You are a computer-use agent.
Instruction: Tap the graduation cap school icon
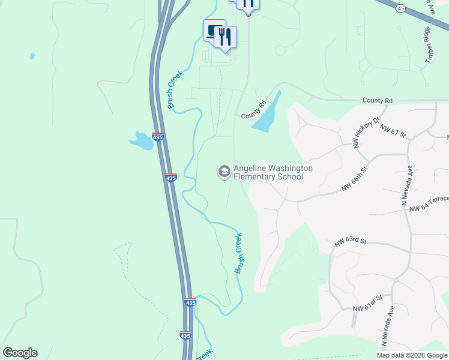coord(224,172)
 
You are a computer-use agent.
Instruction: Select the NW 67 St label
coord(393,132)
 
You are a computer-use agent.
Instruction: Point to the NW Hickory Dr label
coord(367,133)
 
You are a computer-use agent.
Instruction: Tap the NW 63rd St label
coord(351,242)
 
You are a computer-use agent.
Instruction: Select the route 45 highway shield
coord(401,7)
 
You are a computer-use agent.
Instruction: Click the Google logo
coord(20,353)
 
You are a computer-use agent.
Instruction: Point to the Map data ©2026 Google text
coord(411,355)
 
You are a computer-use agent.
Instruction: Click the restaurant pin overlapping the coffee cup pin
coord(225,37)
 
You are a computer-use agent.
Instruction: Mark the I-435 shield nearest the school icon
coord(171,178)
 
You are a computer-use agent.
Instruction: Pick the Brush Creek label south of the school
coord(240,253)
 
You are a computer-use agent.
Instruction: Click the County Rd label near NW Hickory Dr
coord(377,100)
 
